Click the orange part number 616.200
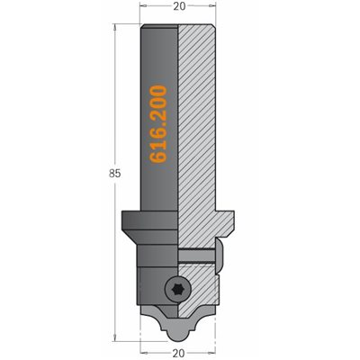tap(157, 124)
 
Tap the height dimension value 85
tap(114, 174)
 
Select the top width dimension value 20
tap(179, 6)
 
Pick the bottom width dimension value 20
tap(179, 354)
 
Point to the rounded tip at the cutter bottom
tap(178, 336)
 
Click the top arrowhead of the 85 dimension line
tap(114, 27)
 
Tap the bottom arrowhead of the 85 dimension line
tap(114, 337)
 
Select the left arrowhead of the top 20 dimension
tap(144, 6)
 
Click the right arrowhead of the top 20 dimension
tap(212, 6)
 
